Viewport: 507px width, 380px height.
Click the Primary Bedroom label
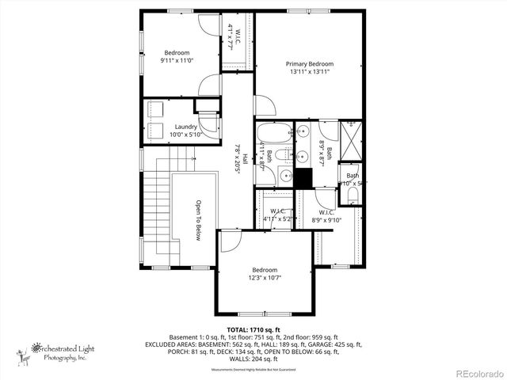(310, 63)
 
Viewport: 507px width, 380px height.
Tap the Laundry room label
(186, 127)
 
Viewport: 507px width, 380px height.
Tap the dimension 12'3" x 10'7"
(265, 278)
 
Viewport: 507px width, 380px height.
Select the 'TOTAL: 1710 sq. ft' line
(253, 329)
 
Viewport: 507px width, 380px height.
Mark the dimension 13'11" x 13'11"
(310, 72)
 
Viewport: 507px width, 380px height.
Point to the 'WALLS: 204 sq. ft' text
(253, 359)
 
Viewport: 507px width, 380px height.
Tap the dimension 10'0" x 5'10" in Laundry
(186, 135)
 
